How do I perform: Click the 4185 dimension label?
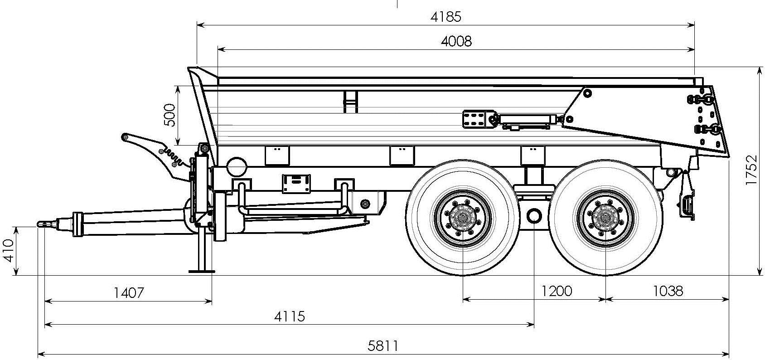(445, 17)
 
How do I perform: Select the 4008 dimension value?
(456, 41)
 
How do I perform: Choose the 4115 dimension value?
(289, 316)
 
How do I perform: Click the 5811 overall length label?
(383, 346)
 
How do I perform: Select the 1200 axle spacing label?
(557, 291)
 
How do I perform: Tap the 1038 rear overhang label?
(667, 291)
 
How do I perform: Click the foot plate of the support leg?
(202, 271)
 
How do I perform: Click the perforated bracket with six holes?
(474, 119)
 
